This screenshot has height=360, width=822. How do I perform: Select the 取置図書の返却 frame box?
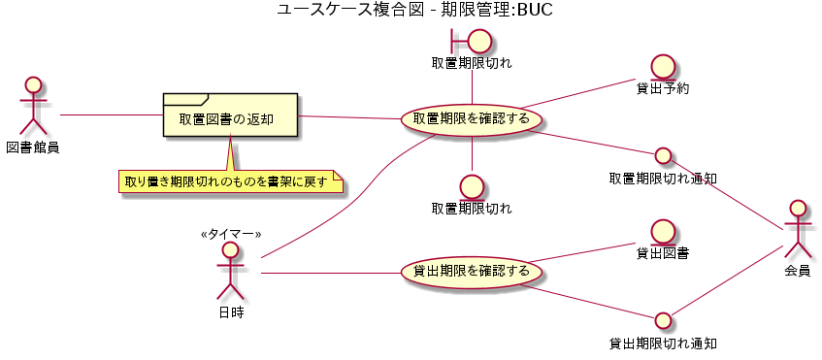coord(230,116)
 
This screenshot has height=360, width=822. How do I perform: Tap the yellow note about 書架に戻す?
coord(230,181)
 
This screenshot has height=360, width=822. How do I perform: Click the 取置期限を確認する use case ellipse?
coord(472,119)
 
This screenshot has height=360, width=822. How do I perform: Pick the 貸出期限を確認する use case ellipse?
coord(472,271)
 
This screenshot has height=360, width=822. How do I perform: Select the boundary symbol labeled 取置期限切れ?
coord(472,41)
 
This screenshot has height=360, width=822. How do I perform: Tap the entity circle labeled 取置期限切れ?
coord(472,185)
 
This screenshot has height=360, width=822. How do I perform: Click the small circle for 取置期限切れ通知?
coord(663,155)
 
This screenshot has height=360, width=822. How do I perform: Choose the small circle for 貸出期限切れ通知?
coord(663,319)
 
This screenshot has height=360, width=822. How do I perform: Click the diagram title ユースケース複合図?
coord(413,11)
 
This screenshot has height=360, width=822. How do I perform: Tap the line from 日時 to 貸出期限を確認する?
coord(330,273)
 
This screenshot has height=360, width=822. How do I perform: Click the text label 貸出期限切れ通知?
coord(663,343)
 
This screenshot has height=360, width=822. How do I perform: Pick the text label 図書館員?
coord(34,147)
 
